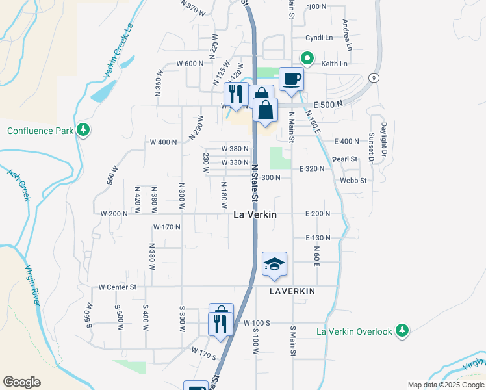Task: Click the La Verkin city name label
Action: click(x=255, y=214)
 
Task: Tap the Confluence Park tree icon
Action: click(x=83, y=130)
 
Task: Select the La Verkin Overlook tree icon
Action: click(x=403, y=331)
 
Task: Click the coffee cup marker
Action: click(x=292, y=79)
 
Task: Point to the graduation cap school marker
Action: click(x=274, y=263)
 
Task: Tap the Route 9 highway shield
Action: click(x=373, y=78)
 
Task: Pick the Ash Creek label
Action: click(x=19, y=184)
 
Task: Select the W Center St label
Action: click(x=118, y=286)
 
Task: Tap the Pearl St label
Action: click(x=345, y=159)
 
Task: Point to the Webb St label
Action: click(x=353, y=180)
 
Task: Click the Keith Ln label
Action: click(x=334, y=64)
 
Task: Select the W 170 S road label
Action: click(x=203, y=352)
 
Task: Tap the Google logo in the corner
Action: click(x=21, y=382)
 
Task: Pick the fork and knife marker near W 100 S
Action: click(x=220, y=324)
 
